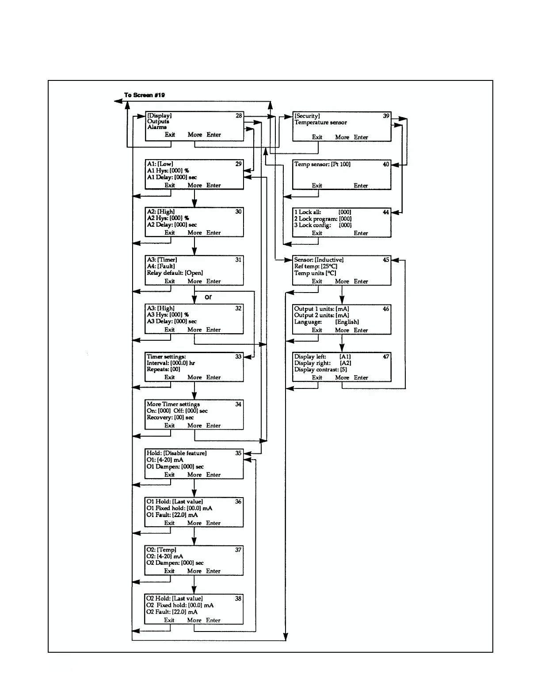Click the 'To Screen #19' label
pos(145,95)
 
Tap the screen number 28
pos(239,116)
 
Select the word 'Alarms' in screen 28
pos(157,127)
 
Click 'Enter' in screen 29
pos(213,185)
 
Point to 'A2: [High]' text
pos(161,212)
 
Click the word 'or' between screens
pos(208,297)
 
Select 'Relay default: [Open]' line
pos(175,273)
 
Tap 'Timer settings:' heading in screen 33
pos(166,357)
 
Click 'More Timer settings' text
pos(173,404)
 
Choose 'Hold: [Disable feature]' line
pos(176,453)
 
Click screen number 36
pos(238,502)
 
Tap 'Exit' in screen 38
pos(169,620)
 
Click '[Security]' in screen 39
pos(307,116)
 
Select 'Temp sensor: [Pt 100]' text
pos(322,164)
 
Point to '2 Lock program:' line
pos(316,219)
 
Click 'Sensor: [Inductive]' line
pos(319,260)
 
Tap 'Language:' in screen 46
pos(308,322)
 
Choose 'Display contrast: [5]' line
pos(320,369)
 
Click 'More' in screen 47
pos(342,377)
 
